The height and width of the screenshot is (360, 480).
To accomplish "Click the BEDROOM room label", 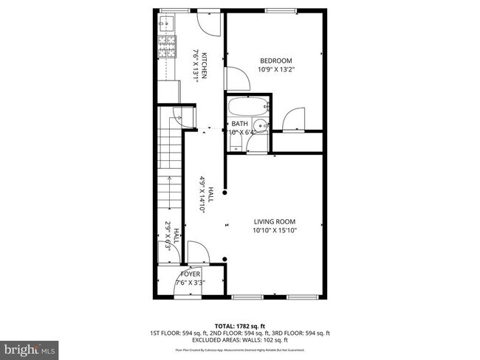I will (x=275, y=60).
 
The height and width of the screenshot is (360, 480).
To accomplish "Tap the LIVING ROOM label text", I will (x=275, y=221).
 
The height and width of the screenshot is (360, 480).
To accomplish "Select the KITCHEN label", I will (x=205, y=65).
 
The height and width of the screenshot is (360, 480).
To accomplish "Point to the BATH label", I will (x=240, y=124).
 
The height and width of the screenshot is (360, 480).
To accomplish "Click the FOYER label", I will (x=191, y=274).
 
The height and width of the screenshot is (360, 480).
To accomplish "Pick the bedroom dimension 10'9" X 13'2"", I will (x=275, y=69).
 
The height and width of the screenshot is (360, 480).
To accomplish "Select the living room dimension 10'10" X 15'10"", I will (x=275, y=229).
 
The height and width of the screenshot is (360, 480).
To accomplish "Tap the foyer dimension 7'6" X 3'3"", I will (x=191, y=283).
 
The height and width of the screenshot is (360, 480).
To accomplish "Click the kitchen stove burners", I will (x=165, y=49).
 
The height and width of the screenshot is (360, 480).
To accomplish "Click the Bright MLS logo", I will (x=30, y=347).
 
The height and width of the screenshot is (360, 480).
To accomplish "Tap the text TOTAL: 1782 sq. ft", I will (x=239, y=325).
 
